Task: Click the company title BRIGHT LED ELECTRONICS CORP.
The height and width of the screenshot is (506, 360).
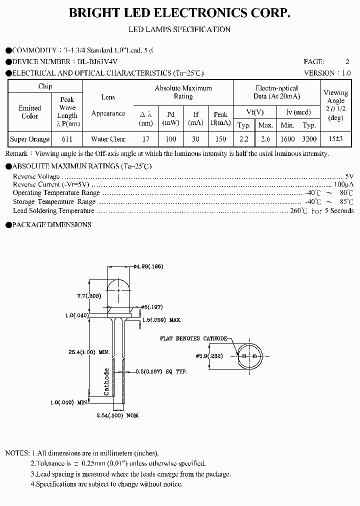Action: [x=179, y=14]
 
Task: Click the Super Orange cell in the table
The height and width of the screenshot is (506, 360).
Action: [x=30, y=139]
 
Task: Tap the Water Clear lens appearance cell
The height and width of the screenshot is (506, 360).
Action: [x=108, y=139]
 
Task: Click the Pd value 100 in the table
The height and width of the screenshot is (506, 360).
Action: [x=171, y=139]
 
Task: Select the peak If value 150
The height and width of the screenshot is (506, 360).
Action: [x=220, y=139]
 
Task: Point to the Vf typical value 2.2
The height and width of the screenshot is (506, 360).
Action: [x=243, y=139]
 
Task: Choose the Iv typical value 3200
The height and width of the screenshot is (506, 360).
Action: [x=309, y=139]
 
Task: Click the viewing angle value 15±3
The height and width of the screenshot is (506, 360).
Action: [x=335, y=139]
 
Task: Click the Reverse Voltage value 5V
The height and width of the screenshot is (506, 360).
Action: [x=349, y=176]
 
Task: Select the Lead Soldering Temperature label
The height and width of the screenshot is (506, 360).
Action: [x=53, y=210]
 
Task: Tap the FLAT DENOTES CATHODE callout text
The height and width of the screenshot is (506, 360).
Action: [x=193, y=338]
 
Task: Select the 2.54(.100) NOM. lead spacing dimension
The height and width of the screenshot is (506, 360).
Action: [x=117, y=415]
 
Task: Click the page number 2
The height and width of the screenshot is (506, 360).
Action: [x=347, y=61]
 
